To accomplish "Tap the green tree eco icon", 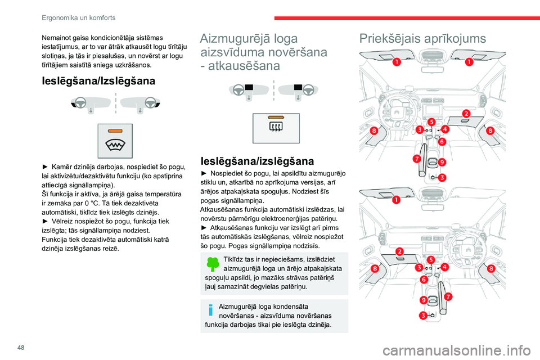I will click(x=213, y=265).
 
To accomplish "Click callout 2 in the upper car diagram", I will click(x=466, y=114).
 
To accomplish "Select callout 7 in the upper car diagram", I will click(x=417, y=159).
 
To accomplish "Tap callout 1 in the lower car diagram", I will click(x=396, y=200).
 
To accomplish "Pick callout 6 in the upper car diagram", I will click(x=442, y=141).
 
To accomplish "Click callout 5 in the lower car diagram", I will click(x=431, y=259).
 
